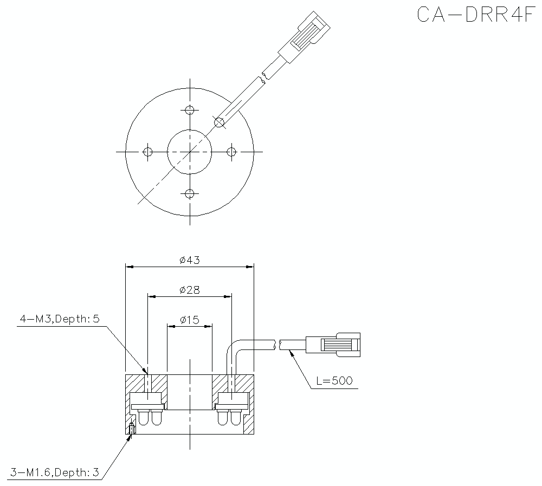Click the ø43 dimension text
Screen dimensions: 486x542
coord(189,260)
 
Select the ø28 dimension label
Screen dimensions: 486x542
coord(189,290)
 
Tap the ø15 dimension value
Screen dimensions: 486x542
coord(189,320)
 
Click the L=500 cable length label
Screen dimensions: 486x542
coord(333,381)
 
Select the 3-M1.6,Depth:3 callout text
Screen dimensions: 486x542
coord(54,472)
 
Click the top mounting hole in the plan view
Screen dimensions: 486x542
coord(189,111)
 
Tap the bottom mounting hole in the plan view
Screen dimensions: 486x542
coord(189,193)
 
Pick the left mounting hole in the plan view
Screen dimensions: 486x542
coord(147,152)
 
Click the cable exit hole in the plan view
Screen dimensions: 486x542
coord(219,122)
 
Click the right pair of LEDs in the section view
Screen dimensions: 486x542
coord(230,418)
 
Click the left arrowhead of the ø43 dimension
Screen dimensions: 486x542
coord(129,266)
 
